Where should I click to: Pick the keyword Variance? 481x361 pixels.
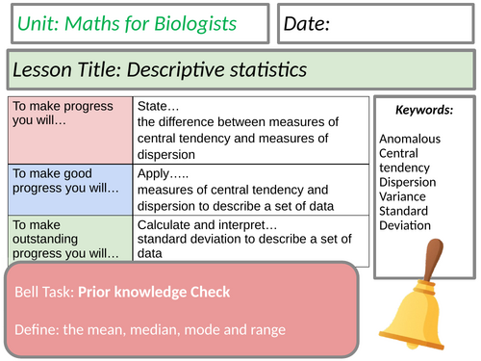point(404,196)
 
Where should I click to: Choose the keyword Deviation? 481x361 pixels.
point(406,226)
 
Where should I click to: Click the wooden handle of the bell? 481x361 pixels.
point(436,259)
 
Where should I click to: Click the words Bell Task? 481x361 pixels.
point(44,291)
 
